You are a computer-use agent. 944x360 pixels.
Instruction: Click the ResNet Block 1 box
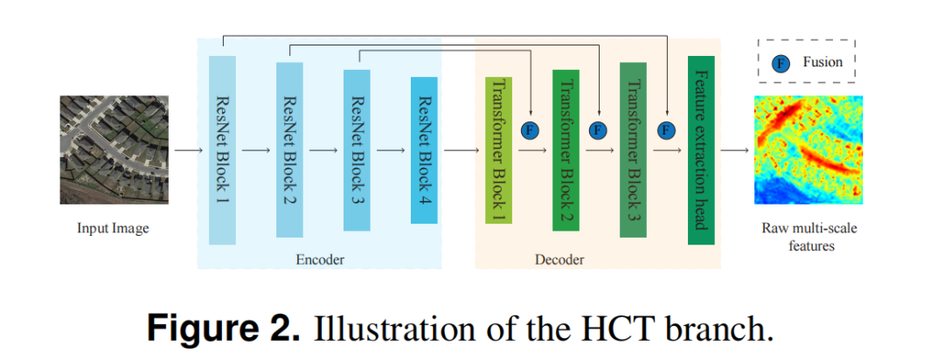point(223,149)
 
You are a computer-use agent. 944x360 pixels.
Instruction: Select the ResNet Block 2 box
point(289,149)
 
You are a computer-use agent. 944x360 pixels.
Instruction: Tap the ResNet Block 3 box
point(357,149)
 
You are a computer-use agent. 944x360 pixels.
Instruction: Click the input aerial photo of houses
point(114,149)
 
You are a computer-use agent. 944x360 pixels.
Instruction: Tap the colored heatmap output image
point(809,149)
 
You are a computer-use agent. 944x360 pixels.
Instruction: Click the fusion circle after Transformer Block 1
point(530,131)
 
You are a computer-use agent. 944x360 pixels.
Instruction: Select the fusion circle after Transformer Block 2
point(598,131)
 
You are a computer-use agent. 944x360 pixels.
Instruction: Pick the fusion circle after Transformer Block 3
point(666,131)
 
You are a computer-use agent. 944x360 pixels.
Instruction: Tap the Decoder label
point(559,260)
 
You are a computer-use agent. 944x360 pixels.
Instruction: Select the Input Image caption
point(113,229)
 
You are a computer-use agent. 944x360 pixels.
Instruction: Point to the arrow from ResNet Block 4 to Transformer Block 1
point(462,149)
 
